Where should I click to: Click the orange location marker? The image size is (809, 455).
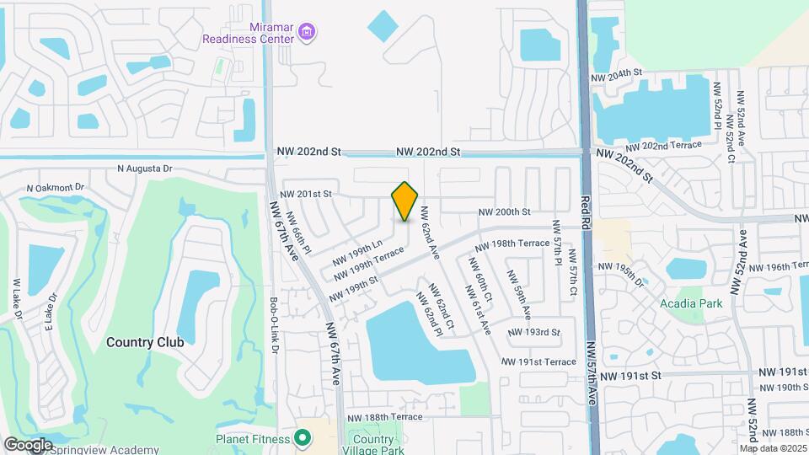point(405,201)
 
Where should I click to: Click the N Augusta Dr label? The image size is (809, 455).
point(144,169)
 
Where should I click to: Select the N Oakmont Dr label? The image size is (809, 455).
point(56,188)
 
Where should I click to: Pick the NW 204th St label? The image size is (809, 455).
point(617,76)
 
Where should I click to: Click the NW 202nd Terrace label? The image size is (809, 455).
point(672,146)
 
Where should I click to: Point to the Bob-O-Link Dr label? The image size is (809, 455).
point(274,324)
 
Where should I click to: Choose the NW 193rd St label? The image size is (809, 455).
point(533,332)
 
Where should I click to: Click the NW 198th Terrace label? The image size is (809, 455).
point(512,244)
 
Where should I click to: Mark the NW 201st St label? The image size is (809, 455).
point(307,195)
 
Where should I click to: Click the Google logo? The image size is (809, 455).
point(28,444)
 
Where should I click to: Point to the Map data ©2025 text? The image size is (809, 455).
point(773,447)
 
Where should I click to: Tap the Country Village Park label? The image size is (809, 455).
point(373,446)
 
